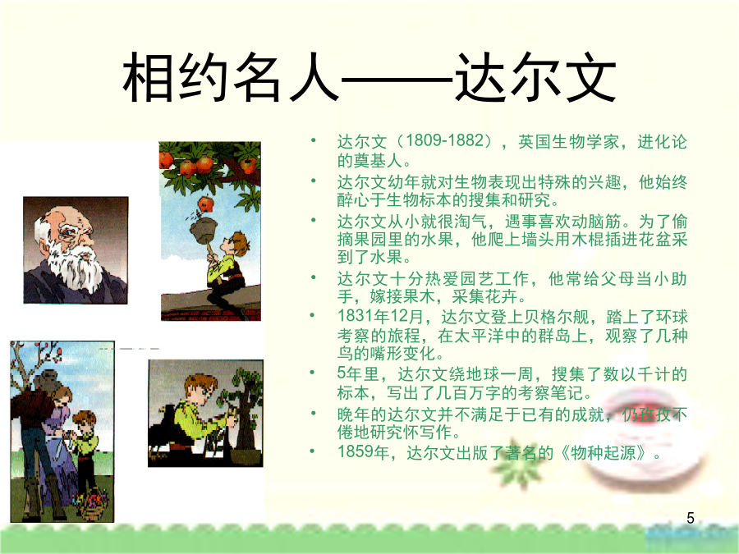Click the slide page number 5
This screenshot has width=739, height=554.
pos(691,518)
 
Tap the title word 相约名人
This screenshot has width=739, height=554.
pos(231,77)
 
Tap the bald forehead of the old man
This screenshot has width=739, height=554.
pos(57,217)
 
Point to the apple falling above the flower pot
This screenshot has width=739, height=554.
pos(205,204)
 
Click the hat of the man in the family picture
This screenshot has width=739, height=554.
pos(46,380)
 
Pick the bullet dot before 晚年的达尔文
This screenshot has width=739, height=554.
pos(314,414)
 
